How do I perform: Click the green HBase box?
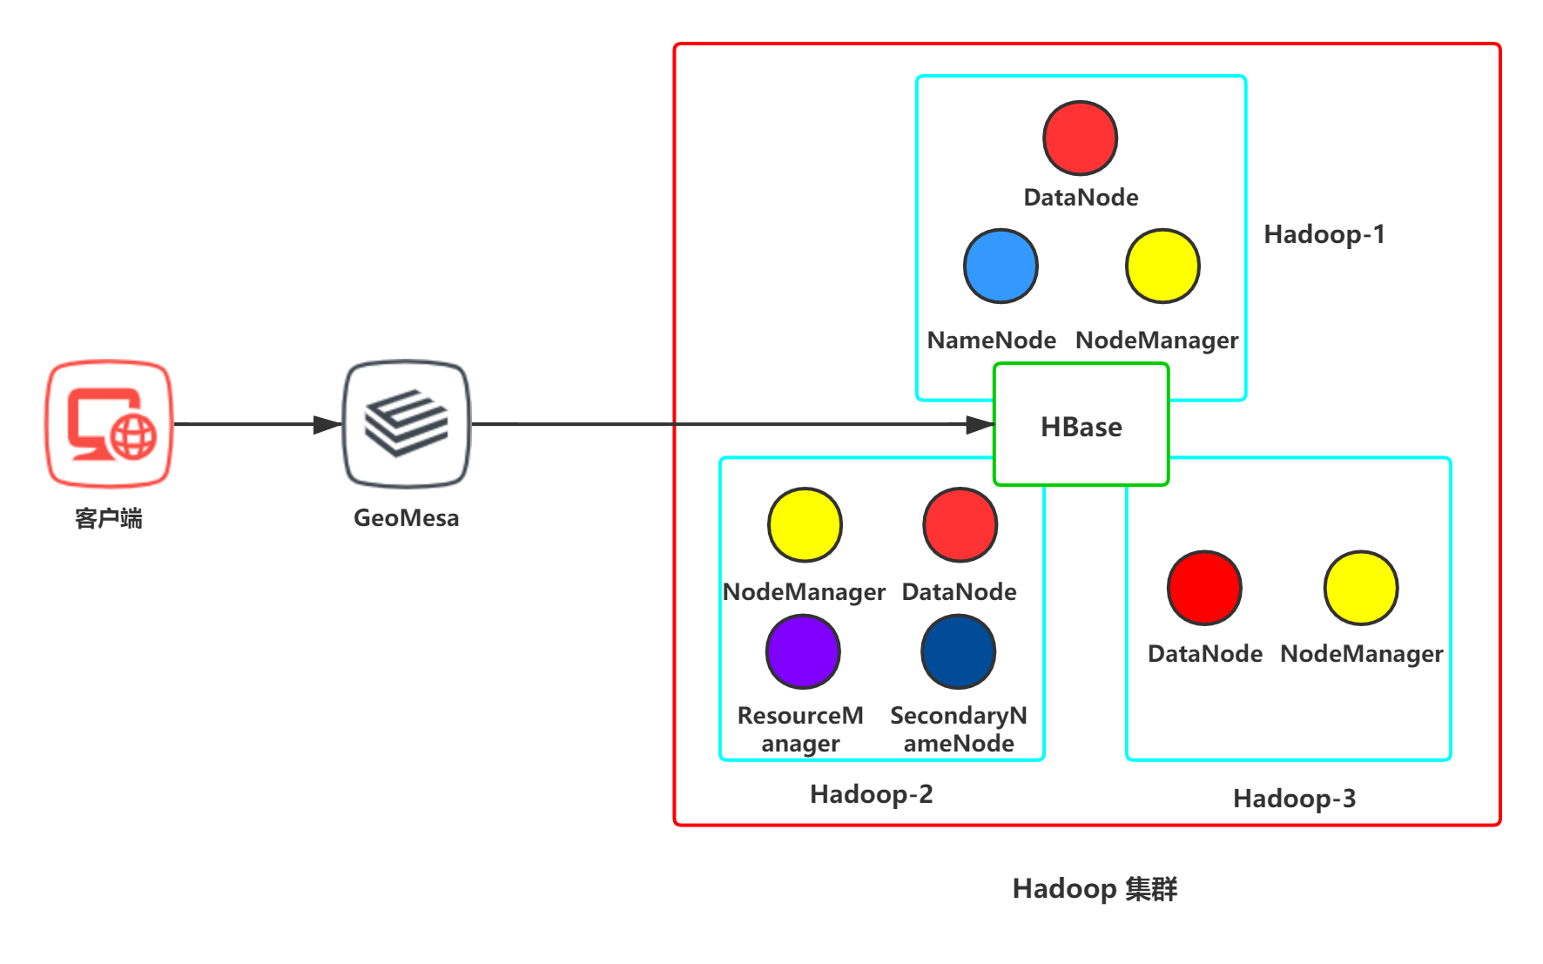coord(1081,425)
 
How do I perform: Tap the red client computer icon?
coord(110,424)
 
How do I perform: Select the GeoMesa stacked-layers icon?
coord(407,424)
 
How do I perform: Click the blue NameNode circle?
coord(1001,266)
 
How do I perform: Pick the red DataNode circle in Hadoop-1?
coord(1080,138)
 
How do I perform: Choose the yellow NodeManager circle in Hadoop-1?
coord(1162,266)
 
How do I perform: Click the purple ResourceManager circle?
coord(803,652)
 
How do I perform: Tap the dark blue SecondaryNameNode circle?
coord(958,652)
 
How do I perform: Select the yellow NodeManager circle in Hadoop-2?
coord(805,525)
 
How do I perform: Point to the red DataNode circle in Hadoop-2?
coord(960,525)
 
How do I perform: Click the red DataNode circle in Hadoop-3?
coord(1204,588)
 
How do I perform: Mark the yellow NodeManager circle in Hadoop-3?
coord(1360,588)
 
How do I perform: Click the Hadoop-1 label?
coord(1324,234)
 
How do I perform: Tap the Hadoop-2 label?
coord(871,794)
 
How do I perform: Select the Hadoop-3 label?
coord(1294,799)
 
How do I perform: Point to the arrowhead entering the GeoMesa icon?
coord(327,425)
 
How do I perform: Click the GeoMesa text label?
coord(406,518)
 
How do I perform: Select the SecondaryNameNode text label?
coord(959,729)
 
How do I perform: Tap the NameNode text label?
coord(991,340)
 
